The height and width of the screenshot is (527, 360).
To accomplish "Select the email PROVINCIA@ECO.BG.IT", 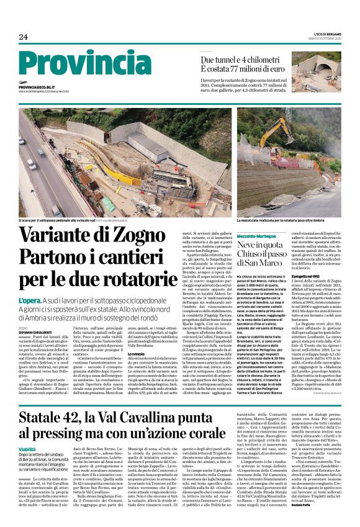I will click(37, 88).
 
